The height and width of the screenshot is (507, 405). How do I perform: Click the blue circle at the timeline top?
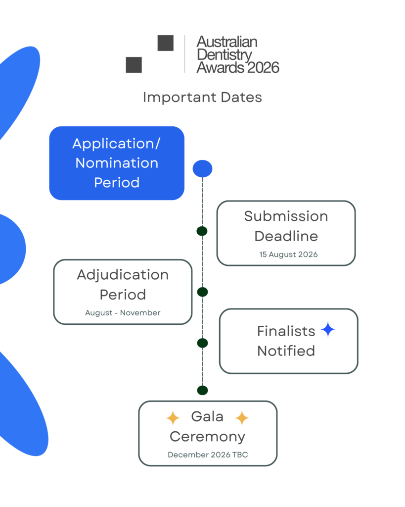[202, 169]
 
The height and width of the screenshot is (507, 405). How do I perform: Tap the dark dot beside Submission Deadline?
[202, 231]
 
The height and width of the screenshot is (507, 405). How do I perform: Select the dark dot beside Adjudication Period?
[202, 292]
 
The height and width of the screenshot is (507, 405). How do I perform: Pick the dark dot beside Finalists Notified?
[202, 343]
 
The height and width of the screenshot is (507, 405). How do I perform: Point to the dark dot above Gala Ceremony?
[202, 390]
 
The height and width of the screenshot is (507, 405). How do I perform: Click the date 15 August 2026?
[288, 254]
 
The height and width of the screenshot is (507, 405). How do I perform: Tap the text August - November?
[123, 312]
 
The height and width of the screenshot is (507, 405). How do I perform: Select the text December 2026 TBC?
[208, 455]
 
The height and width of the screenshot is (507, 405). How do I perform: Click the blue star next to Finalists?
[327, 330]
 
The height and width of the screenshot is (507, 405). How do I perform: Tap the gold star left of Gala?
[173, 418]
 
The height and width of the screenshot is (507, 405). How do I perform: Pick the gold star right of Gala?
[242, 418]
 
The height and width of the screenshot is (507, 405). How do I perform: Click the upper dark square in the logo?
[165, 43]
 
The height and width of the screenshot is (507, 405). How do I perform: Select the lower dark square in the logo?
[134, 65]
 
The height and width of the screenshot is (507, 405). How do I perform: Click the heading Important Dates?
[202, 97]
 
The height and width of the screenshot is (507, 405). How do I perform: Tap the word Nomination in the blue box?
[117, 163]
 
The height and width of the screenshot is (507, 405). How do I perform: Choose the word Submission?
[286, 216]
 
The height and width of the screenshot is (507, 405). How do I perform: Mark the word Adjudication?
[123, 275]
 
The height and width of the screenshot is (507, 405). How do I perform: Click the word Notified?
[286, 351]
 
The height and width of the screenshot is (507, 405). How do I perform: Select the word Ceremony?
[207, 437]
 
